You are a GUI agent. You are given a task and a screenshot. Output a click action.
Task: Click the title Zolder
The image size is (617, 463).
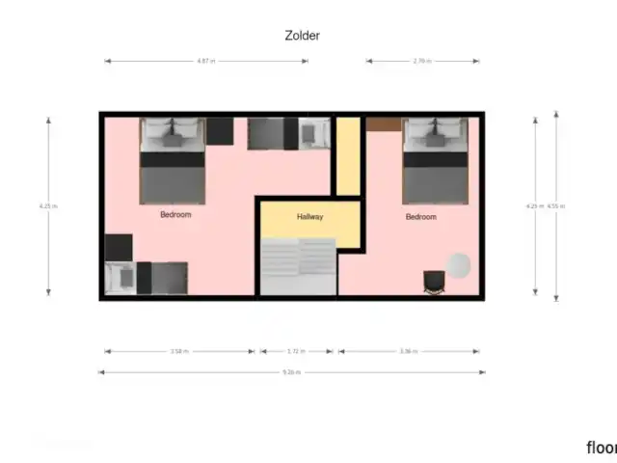click(302, 36)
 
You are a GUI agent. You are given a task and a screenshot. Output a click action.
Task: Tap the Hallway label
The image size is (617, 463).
click(310, 217)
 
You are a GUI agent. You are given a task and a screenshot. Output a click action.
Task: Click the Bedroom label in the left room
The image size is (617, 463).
click(175, 215)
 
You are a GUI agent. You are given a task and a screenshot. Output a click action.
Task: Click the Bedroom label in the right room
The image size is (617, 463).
click(420, 217)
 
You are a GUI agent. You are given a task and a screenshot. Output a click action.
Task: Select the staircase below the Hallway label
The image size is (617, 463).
click(298, 266)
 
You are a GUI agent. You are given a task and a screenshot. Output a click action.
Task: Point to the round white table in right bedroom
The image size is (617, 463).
click(458, 263)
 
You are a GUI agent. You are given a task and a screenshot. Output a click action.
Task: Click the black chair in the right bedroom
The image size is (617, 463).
click(435, 281)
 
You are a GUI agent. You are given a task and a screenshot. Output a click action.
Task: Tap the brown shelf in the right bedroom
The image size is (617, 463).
click(384, 123)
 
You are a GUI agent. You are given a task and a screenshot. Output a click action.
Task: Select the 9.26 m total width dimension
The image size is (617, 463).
click(291, 371)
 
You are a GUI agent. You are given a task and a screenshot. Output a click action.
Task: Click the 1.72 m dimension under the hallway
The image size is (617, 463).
click(297, 351)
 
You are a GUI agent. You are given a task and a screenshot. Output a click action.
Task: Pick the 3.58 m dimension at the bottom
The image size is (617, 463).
click(178, 351)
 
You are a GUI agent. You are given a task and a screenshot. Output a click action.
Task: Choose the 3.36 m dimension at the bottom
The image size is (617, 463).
click(409, 351)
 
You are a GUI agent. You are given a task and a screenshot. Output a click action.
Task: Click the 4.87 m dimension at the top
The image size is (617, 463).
click(204, 61)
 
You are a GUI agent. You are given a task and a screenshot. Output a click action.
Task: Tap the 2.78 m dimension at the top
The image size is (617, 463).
click(421, 61)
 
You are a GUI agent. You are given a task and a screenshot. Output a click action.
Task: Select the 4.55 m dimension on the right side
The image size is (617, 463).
click(556, 205)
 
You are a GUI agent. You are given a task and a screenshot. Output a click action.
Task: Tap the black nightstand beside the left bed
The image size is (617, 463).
click(220, 130)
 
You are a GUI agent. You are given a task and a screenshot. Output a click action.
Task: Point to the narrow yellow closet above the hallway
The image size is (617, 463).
click(347, 154)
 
